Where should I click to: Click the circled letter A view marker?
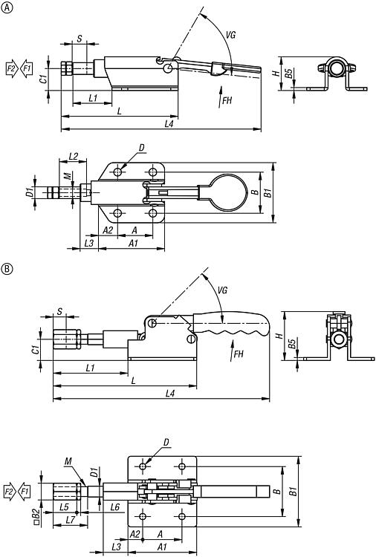click(7, 8)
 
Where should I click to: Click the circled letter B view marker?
click(7, 269)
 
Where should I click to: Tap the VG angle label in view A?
click(230, 35)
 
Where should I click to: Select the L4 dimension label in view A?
click(169, 124)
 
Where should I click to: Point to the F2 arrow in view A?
click(12, 68)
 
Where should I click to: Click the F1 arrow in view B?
click(25, 492)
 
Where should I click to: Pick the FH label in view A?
click(227, 100)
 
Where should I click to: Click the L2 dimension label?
click(74, 156)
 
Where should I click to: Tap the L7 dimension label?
click(71, 520)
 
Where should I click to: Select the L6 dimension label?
click(114, 507)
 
